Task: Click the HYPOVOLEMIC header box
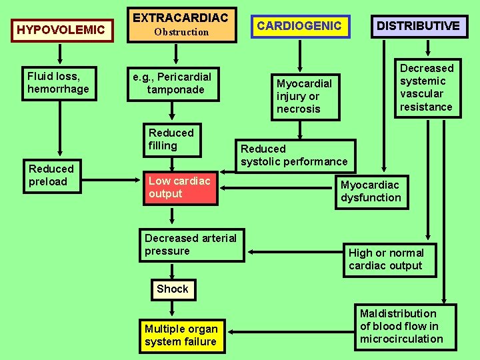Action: point(61,30)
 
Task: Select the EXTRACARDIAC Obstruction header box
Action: point(181,25)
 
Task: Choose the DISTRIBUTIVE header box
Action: point(418,26)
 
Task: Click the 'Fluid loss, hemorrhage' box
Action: point(59,82)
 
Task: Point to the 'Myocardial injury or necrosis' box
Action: point(305,96)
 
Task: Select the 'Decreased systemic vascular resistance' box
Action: point(427,87)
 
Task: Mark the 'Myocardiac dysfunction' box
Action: point(371,191)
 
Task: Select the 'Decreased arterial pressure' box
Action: point(191,245)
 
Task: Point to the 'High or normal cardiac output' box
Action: point(386,259)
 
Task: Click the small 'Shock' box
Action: point(173,289)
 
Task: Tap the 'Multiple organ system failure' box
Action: point(181,335)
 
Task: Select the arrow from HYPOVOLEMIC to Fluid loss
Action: point(61,54)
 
